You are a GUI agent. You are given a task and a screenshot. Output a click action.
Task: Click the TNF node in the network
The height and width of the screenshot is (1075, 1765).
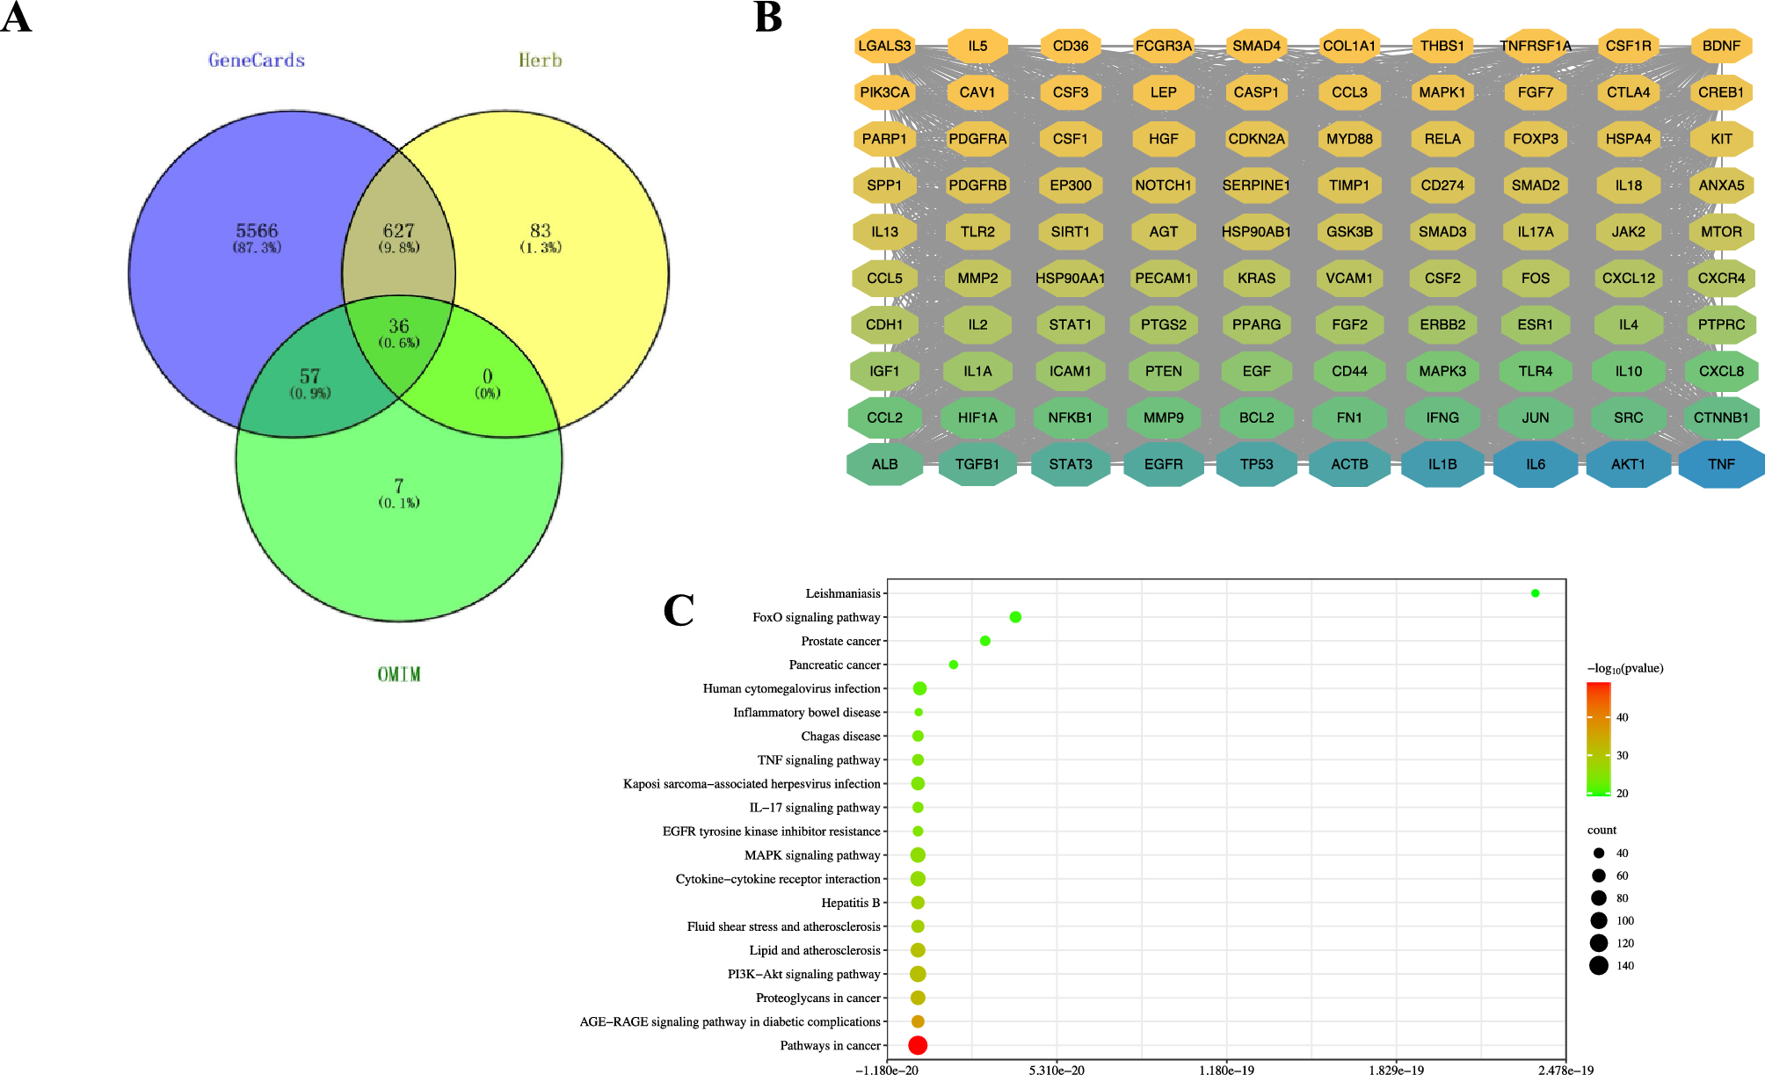pyautogui.click(x=1721, y=464)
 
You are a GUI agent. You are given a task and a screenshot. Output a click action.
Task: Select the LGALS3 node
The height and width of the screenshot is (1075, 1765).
pyautogui.click(x=884, y=46)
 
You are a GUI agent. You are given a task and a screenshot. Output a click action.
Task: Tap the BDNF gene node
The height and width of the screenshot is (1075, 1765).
pyautogui.click(x=1721, y=46)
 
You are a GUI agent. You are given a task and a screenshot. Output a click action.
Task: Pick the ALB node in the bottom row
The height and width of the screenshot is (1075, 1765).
pyautogui.click(x=884, y=464)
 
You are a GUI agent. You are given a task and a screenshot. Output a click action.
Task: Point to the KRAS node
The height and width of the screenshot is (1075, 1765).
pyautogui.click(x=1256, y=278)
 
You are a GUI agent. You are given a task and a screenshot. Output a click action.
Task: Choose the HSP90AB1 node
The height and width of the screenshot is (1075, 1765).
pyautogui.click(x=1256, y=232)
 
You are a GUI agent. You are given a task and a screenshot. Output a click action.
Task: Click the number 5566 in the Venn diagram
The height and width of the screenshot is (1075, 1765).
pyautogui.click(x=257, y=230)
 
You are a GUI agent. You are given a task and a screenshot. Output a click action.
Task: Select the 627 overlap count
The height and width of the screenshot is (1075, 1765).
pyautogui.click(x=398, y=230)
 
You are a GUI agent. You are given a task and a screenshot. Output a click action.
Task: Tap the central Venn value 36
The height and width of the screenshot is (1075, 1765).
pyautogui.click(x=398, y=326)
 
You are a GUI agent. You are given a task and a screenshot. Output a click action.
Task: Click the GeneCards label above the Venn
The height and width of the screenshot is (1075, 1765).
pyautogui.click(x=257, y=61)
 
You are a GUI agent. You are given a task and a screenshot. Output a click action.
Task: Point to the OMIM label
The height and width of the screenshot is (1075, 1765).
pyautogui.click(x=398, y=674)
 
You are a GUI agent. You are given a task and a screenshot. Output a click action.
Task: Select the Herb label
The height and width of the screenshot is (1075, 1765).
pyautogui.click(x=540, y=61)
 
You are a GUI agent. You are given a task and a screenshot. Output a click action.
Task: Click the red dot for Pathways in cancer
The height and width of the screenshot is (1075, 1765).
pyautogui.click(x=918, y=1045)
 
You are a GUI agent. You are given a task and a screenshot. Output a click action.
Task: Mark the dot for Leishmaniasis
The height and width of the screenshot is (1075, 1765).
pyautogui.click(x=1535, y=593)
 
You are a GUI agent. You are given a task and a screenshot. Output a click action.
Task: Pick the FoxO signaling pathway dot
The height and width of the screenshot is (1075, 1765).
pyautogui.click(x=1015, y=617)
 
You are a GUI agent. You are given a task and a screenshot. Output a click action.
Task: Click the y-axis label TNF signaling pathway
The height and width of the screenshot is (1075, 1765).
pyautogui.click(x=818, y=760)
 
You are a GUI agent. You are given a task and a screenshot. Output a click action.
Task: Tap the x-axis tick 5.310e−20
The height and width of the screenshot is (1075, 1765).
pyautogui.click(x=1057, y=1070)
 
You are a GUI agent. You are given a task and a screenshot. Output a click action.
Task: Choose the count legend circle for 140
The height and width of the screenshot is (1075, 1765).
pyautogui.click(x=1598, y=966)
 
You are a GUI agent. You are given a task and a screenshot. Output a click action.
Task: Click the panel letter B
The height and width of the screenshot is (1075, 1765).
pyautogui.click(x=768, y=18)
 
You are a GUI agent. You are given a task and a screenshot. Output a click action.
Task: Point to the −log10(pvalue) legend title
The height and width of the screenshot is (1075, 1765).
pyautogui.click(x=1625, y=668)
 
